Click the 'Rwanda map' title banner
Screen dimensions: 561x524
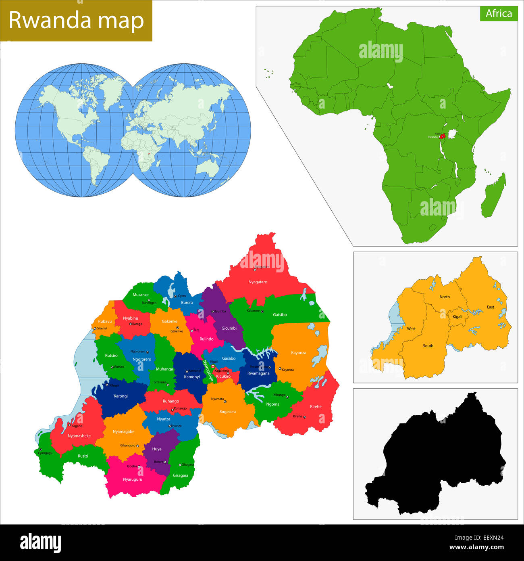(x=76, y=21)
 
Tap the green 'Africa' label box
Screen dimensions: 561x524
(x=499, y=13)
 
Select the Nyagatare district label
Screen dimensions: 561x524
(x=258, y=282)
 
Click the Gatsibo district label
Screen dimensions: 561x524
(x=280, y=314)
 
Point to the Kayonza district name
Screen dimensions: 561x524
(x=298, y=353)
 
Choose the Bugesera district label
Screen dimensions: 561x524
(x=227, y=412)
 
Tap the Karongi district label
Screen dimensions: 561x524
(x=121, y=396)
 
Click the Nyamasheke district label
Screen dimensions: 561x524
(x=79, y=436)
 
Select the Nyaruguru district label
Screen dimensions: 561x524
(x=132, y=479)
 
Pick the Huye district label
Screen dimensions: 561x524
(x=157, y=449)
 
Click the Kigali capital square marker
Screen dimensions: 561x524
(x=213, y=366)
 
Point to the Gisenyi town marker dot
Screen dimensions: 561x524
(x=95, y=329)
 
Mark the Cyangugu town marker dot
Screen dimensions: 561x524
(x=40, y=450)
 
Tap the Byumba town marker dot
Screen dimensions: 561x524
(x=212, y=312)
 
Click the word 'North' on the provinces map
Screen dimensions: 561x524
(x=445, y=297)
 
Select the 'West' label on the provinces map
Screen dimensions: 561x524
(x=411, y=329)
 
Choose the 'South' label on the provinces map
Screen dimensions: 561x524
(x=428, y=345)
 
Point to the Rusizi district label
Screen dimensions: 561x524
(x=83, y=456)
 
